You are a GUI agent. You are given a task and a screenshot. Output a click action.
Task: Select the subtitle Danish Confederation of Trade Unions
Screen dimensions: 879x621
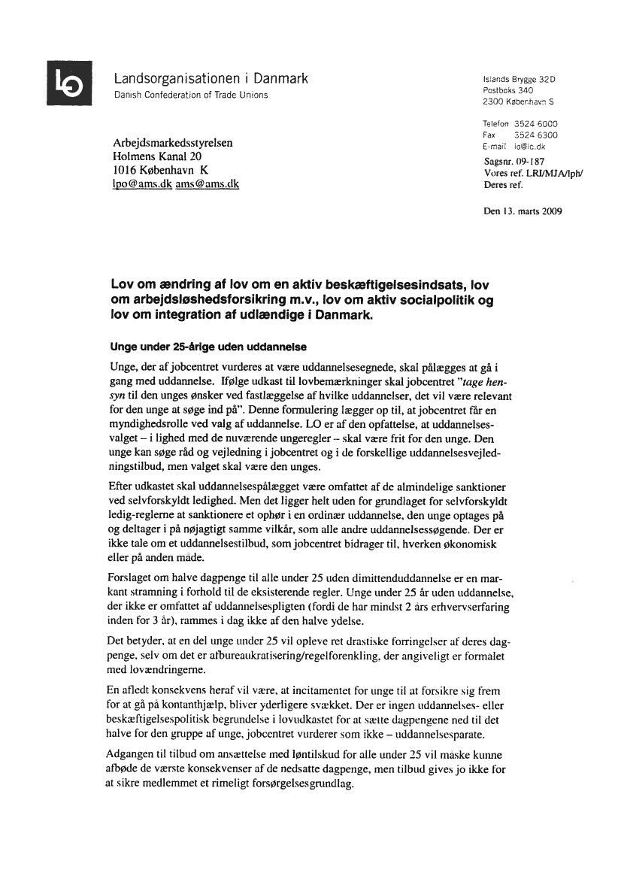190,95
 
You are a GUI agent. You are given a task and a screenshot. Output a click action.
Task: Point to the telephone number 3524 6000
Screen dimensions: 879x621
535,124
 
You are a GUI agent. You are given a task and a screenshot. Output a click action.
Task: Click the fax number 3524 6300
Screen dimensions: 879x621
535,135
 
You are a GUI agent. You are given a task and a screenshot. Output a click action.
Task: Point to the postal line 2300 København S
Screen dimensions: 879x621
519,101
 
